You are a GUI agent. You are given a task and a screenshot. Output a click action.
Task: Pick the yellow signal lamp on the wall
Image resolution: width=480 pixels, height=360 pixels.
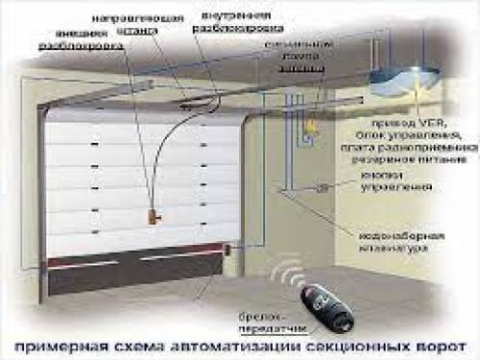click(310, 125)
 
